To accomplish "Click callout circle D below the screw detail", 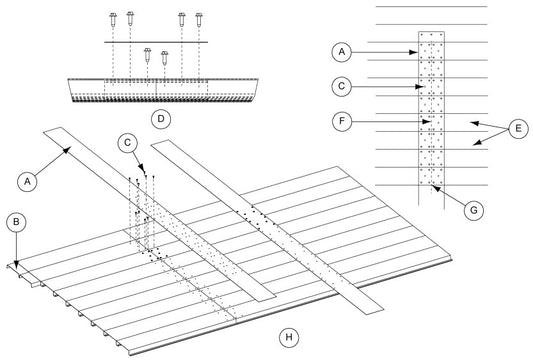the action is point(161,119).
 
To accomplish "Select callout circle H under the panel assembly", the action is point(289,337).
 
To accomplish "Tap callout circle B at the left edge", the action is point(16,222).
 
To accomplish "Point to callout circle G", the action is point(474,210).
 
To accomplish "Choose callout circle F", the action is point(342,121).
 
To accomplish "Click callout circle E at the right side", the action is point(518,128).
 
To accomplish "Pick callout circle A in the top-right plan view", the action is point(342,52).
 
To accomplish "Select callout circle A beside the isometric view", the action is point(27,181).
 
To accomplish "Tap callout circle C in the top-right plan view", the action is point(342,86).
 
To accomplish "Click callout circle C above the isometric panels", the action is point(127,143).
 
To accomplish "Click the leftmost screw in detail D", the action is point(113,19).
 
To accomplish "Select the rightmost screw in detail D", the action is point(199,19).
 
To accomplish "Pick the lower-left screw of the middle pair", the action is point(147,55).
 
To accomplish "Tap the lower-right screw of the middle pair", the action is point(165,58).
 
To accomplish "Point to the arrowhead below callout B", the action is point(16,260).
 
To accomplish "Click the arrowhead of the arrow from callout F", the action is point(427,121).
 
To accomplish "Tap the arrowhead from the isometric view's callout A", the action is point(67,150).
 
